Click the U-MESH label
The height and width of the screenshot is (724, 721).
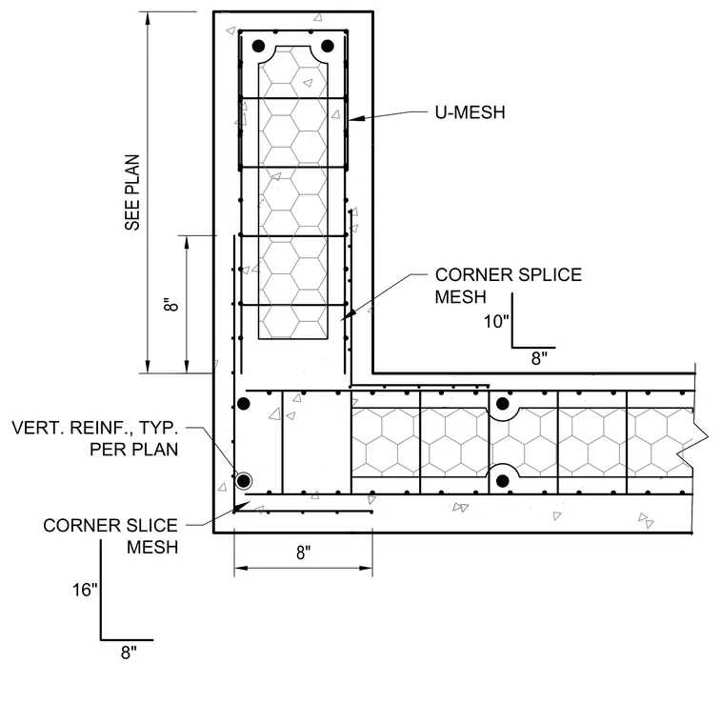470,112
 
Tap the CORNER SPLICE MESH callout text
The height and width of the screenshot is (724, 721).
509,286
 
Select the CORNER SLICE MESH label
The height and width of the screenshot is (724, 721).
110,536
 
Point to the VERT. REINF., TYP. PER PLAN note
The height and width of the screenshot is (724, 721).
94,438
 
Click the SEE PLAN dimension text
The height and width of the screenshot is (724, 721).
132,192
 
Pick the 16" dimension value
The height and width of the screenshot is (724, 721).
85,590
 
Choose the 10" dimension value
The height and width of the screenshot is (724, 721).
496,321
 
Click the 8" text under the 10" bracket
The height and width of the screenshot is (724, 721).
539,358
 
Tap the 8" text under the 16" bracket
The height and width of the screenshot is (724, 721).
129,653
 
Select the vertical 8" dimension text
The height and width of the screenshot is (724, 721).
170,304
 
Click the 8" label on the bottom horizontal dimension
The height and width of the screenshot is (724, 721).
303,553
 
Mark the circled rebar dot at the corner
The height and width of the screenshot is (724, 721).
243,481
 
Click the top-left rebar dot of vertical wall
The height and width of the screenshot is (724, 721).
258,46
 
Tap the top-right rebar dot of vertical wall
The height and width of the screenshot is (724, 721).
328,46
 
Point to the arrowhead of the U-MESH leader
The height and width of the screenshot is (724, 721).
356,119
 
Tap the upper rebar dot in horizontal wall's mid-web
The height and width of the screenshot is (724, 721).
503,404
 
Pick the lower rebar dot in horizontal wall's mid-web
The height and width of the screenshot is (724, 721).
503,481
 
